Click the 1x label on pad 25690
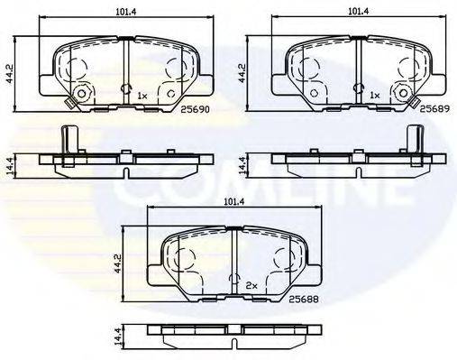pos(142,94)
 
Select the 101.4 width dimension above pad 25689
pos(359,13)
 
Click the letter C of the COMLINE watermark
pos(144,185)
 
